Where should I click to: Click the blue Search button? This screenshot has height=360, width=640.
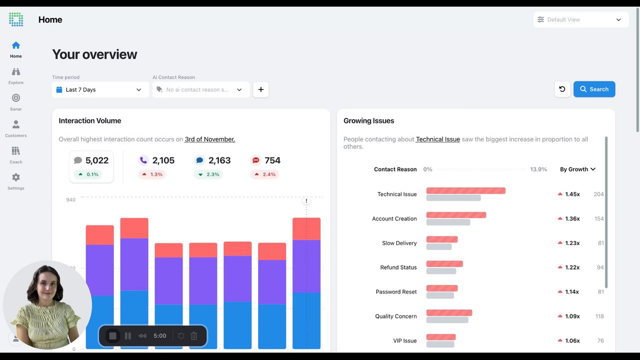click(594, 89)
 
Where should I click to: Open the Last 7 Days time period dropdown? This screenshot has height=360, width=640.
click(100, 89)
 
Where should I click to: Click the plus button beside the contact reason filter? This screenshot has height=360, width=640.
click(260, 89)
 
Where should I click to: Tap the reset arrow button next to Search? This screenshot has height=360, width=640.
click(562, 89)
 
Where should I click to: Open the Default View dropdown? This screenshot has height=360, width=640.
click(581, 19)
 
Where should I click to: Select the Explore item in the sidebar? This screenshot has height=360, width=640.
click(16, 76)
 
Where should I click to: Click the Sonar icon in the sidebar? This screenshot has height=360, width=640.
click(16, 98)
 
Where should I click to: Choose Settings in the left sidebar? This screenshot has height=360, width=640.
click(16, 181)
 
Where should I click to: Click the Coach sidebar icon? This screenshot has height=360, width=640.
click(16, 150)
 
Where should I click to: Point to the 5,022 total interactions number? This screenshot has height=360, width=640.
click(97, 160)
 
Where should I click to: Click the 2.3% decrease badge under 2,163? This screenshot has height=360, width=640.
click(208, 174)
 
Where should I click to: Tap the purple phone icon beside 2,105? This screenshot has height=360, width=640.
click(143, 160)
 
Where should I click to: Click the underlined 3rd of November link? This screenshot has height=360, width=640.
click(210, 139)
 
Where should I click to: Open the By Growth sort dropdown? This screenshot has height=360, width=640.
click(577, 169)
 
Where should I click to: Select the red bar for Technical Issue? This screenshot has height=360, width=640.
click(466, 190)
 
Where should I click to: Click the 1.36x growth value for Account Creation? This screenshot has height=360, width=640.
click(572, 218)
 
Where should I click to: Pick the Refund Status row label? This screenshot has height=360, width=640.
click(398, 267)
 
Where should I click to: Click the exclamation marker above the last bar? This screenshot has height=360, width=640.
click(306, 201)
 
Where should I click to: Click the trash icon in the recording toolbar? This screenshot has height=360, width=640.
click(193, 335)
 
